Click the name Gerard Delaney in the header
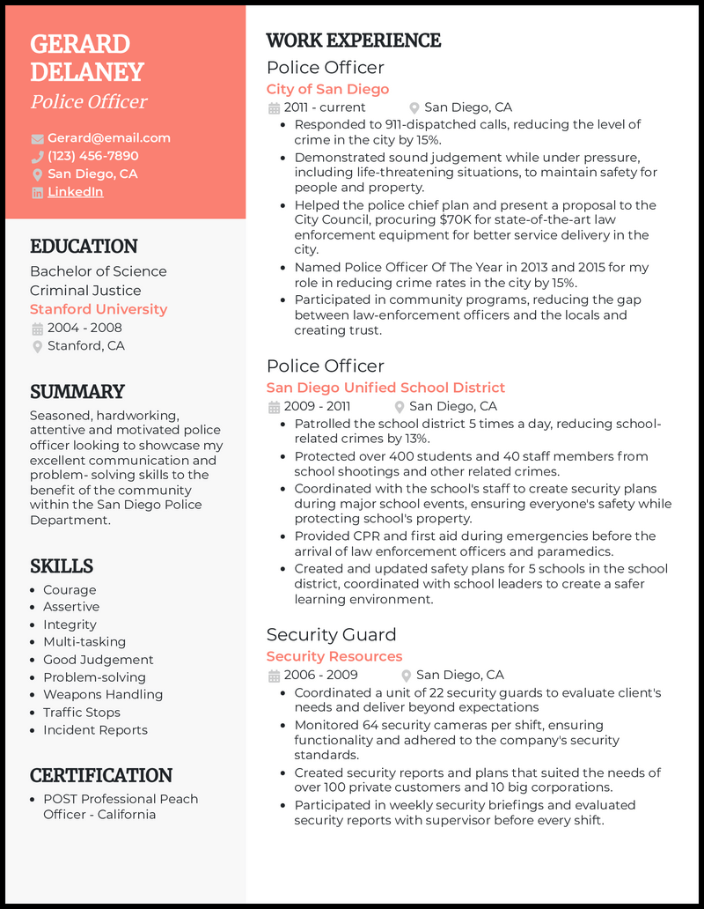[x=86, y=57]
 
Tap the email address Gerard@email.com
[x=108, y=137]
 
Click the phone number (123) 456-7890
[x=92, y=156]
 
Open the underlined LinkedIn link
[x=75, y=191]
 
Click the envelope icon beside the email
[x=37, y=138]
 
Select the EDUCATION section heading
[x=84, y=247]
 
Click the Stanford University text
[x=98, y=309]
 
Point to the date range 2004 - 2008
[x=84, y=328]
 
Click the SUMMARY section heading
[x=77, y=391]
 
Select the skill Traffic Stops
[x=82, y=712]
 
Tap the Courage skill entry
[x=70, y=589]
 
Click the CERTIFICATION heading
[x=101, y=775]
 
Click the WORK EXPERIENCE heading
[x=353, y=41]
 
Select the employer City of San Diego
[x=327, y=89]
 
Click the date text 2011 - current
[x=324, y=107]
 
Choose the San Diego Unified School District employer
[x=385, y=388]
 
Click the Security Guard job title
[x=331, y=634]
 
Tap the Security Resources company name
[x=334, y=656]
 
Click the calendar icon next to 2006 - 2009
[x=273, y=676]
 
